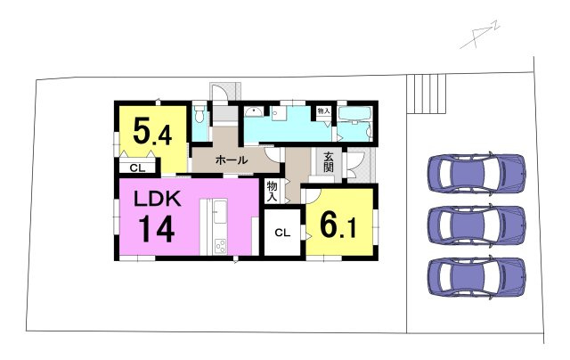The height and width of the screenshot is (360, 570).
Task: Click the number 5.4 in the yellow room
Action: [152, 131]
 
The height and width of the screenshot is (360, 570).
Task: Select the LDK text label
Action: [158, 200]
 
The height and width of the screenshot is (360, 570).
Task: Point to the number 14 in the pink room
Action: [157, 229]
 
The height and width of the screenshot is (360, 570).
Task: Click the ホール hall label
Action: [232, 160]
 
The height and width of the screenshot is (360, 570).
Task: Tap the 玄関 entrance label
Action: [329, 162]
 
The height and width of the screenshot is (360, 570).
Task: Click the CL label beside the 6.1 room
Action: [282, 233]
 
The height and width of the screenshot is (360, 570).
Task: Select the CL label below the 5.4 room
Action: [137, 168]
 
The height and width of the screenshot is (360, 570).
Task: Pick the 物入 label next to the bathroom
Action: [323, 110]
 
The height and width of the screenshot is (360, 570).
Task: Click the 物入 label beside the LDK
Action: [273, 192]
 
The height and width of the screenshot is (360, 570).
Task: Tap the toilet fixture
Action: [199, 113]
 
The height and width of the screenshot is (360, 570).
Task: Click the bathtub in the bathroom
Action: [354, 114]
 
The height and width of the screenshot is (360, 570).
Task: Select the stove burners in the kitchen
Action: [220, 246]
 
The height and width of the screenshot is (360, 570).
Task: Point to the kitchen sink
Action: [220, 212]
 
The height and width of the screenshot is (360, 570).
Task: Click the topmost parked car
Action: [477, 173]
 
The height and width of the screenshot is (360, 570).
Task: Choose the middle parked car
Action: [477, 225]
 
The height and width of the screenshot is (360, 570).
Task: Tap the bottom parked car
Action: [477, 277]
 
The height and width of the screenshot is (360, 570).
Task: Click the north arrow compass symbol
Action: [480, 36]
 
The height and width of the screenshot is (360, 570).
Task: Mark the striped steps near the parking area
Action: [427, 94]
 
